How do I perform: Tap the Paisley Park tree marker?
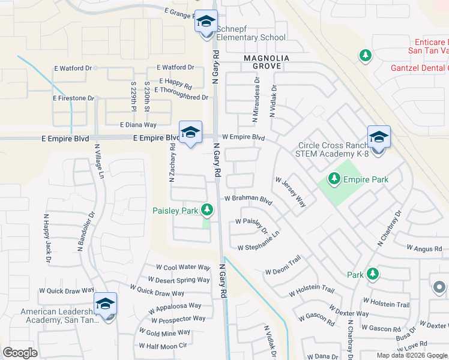click(x=207, y=209)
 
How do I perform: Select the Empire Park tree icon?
click(x=334, y=179)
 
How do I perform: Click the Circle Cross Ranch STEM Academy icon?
click(x=379, y=138)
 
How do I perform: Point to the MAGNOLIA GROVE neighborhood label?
click(x=267, y=62)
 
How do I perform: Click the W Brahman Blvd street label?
click(x=248, y=199)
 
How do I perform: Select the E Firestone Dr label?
click(x=74, y=98)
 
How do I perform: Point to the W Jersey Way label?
click(x=291, y=192)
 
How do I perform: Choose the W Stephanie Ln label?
click(x=259, y=241)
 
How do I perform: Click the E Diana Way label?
click(x=138, y=125)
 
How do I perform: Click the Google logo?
click(x=20, y=352)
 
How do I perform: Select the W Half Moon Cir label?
click(x=163, y=346)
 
